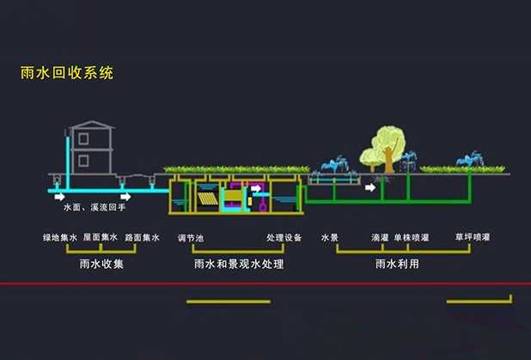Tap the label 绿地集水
pos(60,237)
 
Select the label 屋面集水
pos(101,237)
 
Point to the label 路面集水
pos(143,237)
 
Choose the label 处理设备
pos(284,237)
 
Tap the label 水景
pos(330,237)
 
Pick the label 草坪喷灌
pos(473,237)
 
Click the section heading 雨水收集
pos(101,264)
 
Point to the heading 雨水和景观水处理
pos(239,264)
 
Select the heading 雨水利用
pos(398,264)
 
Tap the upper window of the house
pos(82,138)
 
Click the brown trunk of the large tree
pos(388,160)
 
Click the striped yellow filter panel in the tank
pos(207,199)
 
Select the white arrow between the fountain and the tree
pos(369,186)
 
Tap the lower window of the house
pos(82,160)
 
